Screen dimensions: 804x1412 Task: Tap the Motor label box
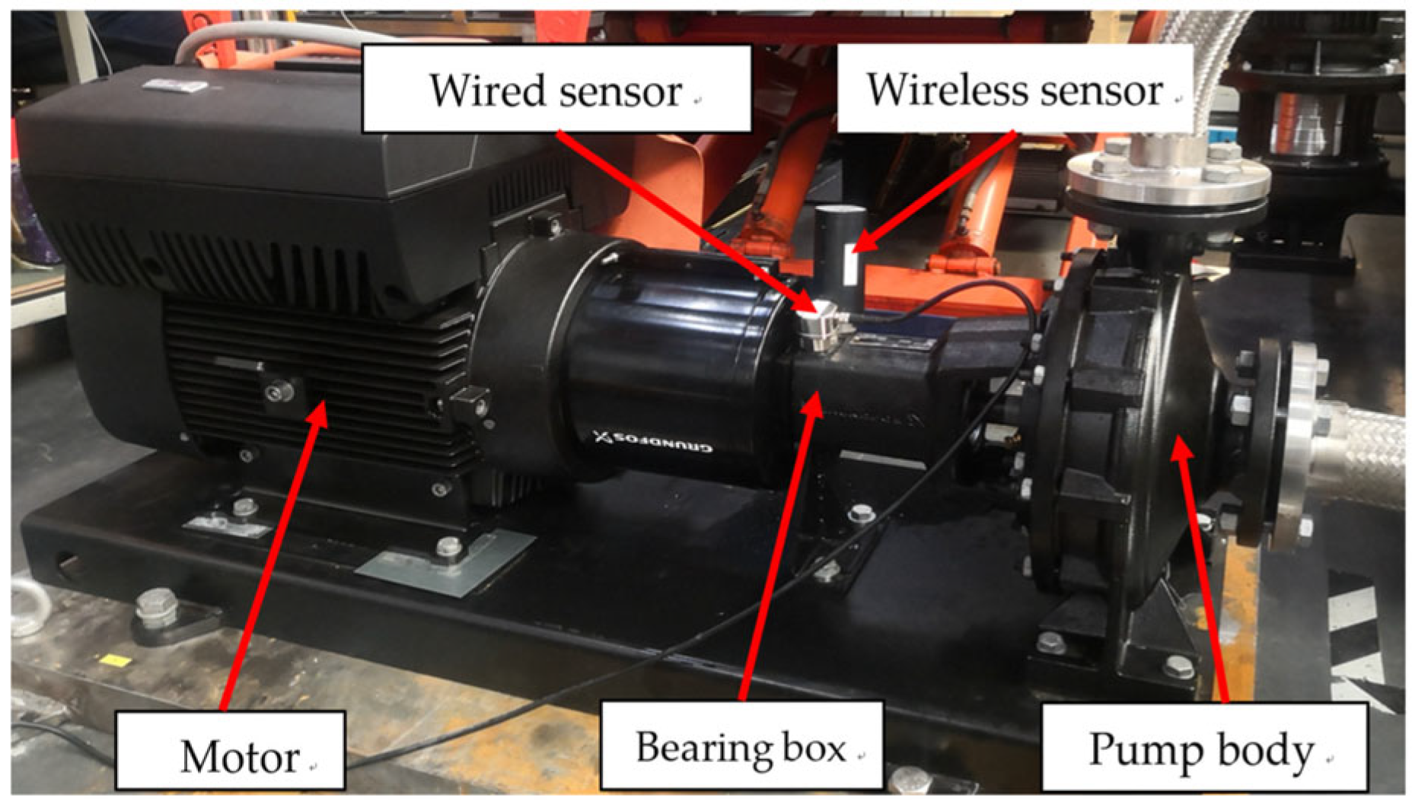tap(231, 752)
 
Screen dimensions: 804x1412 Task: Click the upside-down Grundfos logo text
tap(653, 440)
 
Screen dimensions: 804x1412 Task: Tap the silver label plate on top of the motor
tap(175, 86)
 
